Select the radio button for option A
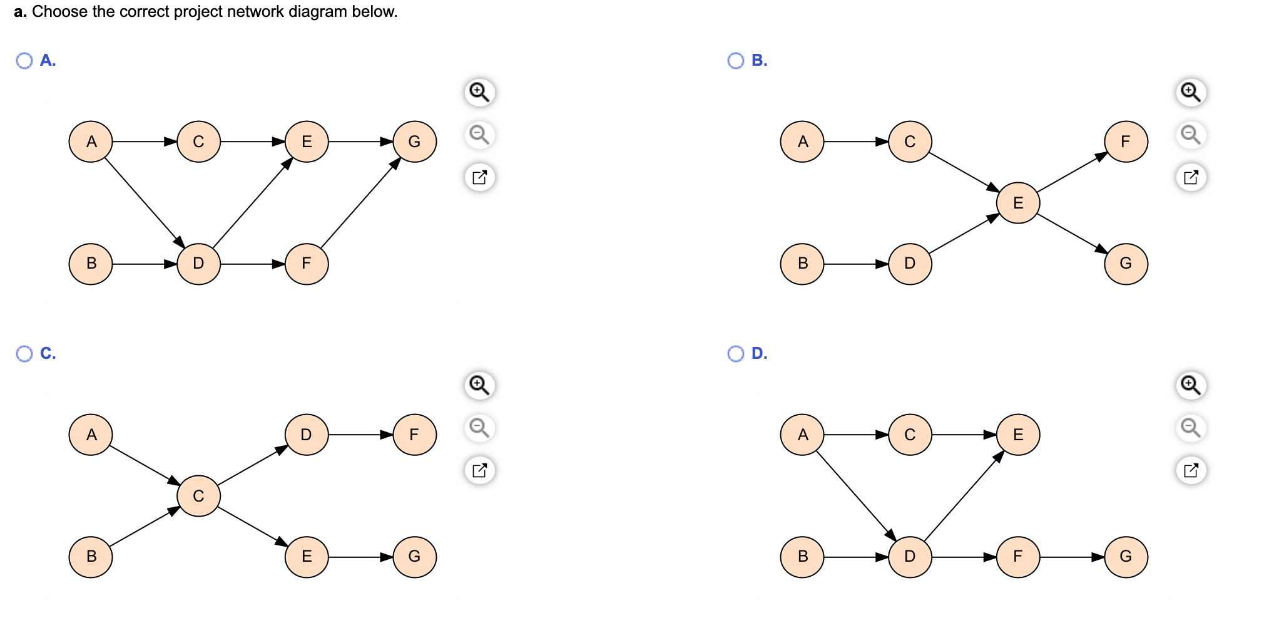click(x=24, y=61)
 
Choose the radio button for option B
click(x=736, y=61)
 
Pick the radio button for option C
click(x=24, y=354)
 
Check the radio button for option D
click(x=736, y=354)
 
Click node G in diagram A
click(x=414, y=142)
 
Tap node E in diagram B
click(x=1018, y=203)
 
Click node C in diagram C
click(x=198, y=496)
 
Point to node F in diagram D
click(x=1018, y=556)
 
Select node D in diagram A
click(x=198, y=264)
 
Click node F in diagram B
click(x=1126, y=142)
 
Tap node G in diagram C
click(x=414, y=556)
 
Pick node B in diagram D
click(x=803, y=556)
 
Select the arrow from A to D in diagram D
click(x=856, y=495)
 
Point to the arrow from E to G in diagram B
click(x=1072, y=233)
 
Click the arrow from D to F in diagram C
click(x=360, y=435)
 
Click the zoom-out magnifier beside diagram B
click(x=1190, y=135)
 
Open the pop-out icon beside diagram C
click(x=480, y=470)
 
